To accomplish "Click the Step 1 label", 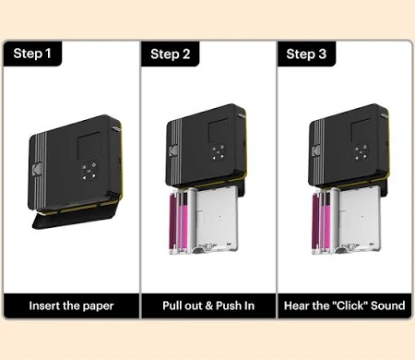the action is [32, 54].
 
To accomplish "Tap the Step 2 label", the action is [171, 54].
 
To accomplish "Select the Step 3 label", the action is [306, 54].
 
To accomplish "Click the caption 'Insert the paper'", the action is [71, 306].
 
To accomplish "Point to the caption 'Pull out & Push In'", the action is [208, 306].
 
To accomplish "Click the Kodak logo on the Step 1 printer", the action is [37, 169].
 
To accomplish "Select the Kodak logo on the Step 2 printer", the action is [173, 151].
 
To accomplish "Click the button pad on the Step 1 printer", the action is [89, 171].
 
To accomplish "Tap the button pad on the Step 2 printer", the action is [218, 152].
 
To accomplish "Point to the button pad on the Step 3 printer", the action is [361, 152].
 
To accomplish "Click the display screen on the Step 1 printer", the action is [89, 146].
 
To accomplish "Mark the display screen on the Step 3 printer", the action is [362, 130].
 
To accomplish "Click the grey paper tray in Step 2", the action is [217, 219].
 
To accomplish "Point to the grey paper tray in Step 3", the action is [359, 219].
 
